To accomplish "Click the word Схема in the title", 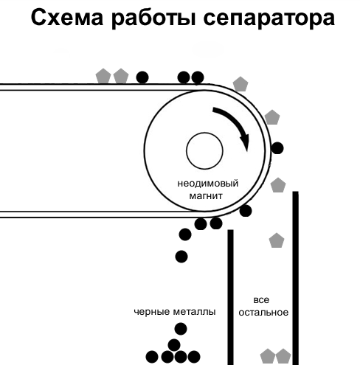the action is [x=67, y=18].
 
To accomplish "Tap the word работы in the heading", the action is [x=153, y=18].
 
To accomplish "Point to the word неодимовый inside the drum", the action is [x=208, y=184].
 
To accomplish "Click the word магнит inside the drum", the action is [x=206, y=196].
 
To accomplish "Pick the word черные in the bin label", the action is [x=152, y=312].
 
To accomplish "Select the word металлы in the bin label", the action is [x=195, y=312].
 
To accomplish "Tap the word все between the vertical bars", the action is [x=261, y=300].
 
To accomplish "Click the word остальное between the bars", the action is [x=263, y=313].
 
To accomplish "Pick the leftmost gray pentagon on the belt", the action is [x=103, y=76].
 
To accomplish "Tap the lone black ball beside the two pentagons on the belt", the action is [x=142, y=77].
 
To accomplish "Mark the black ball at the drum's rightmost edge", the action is [x=277, y=148].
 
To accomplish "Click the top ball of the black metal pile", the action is [x=181, y=329].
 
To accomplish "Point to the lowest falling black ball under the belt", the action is [x=181, y=257].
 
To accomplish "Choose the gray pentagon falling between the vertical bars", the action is [x=277, y=240].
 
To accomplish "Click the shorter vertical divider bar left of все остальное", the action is [x=230, y=297].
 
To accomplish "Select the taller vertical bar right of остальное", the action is [x=295, y=278].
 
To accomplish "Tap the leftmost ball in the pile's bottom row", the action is [x=152, y=357].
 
